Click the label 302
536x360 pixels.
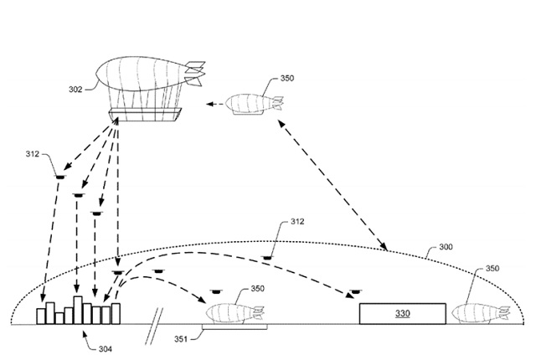[75, 90]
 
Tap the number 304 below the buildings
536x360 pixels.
[106, 349]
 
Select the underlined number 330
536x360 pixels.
[403, 313]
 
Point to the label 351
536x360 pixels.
[181, 339]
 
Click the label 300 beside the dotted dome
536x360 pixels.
[446, 247]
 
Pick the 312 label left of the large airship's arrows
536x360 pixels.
[33, 154]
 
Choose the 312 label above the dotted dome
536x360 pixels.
[297, 221]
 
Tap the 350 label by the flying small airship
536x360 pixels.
[287, 78]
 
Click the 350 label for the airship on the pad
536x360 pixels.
[257, 289]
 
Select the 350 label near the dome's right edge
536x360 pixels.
[492, 269]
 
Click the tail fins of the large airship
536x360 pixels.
[195, 73]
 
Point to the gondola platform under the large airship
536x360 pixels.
[145, 115]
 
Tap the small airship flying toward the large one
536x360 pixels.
[255, 104]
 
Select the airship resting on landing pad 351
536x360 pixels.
[235, 314]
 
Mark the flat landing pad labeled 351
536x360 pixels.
[234, 327]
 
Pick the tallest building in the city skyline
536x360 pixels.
[78, 310]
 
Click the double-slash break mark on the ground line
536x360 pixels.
[154, 327]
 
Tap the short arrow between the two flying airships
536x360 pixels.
[214, 104]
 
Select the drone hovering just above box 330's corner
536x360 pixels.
[355, 291]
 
